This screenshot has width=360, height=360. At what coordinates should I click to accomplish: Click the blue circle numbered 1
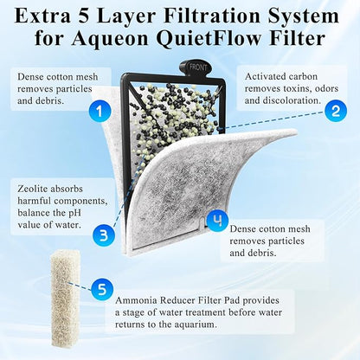click(102, 110)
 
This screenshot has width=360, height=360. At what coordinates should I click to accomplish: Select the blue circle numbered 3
click(103, 234)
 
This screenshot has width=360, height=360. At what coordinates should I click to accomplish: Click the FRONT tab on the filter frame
click(193, 66)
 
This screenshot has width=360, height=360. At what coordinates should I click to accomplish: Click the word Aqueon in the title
click(154, 38)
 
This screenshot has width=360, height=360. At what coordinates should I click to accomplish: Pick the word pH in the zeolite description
click(82, 214)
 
